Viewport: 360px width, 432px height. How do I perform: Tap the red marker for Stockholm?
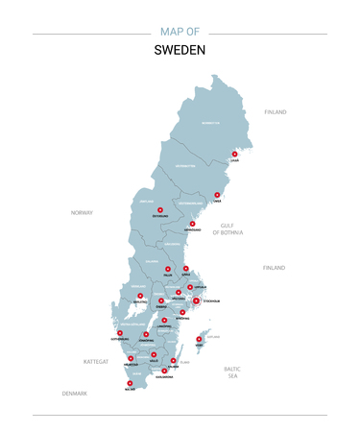196,301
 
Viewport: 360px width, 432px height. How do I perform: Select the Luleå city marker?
234,154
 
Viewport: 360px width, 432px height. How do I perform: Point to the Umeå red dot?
217,195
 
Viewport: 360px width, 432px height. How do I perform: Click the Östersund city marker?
160,209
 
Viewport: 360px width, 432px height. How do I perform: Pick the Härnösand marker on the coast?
192,224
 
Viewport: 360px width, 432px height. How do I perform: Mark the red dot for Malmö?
130,382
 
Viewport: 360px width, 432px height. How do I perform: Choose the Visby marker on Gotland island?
199,339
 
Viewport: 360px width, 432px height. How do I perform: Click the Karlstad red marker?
140,296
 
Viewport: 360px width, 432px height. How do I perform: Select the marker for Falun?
167,270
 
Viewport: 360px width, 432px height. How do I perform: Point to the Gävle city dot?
186,269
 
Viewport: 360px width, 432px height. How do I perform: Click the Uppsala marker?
190,287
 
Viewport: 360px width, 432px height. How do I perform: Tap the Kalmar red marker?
173,361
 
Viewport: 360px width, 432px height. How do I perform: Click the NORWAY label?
82,212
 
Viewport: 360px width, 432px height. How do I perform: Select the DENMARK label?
74,393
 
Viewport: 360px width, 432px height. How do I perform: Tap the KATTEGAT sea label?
96,362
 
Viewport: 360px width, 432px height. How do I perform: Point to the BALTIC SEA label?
231,372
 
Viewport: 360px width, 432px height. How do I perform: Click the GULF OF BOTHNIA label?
228,228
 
